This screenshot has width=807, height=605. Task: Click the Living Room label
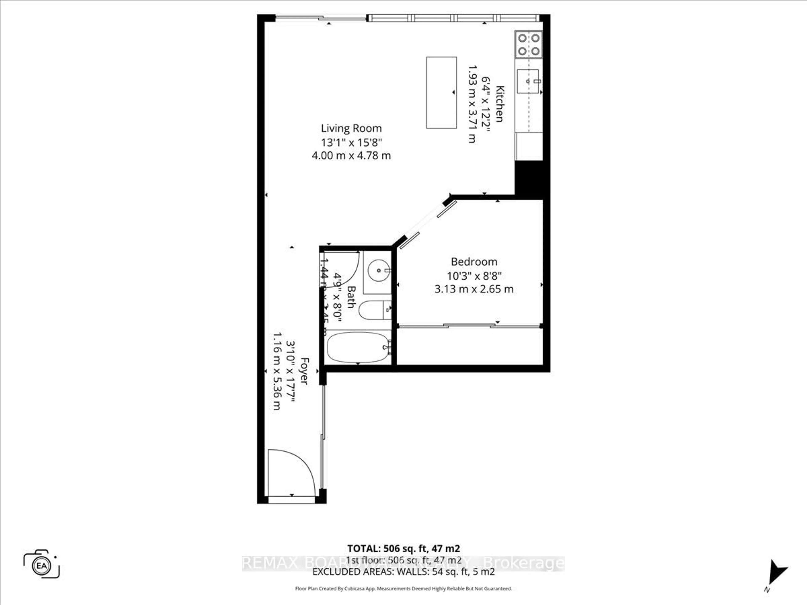351,128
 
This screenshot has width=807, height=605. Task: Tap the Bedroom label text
474,262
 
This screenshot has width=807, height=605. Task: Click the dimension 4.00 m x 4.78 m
351,156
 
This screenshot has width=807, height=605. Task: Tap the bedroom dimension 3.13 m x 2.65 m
474,289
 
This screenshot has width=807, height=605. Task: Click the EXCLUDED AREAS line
403,572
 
